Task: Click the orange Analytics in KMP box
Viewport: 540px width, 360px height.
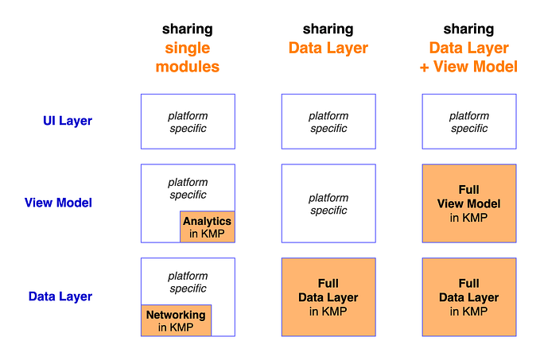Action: coord(208,226)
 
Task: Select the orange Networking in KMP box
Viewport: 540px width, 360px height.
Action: coord(176,320)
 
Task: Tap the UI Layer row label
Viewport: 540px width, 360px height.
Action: coord(68,122)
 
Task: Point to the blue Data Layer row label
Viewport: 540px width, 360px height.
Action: coord(60,296)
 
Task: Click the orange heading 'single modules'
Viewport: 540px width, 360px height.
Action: coord(188,57)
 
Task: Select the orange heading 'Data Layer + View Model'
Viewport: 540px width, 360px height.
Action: coord(468,57)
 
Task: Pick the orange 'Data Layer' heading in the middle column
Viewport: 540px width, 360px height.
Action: coord(328,48)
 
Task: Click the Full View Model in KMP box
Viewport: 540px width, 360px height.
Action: coord(469,203)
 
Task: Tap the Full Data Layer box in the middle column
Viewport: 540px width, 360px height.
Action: coord(328,296)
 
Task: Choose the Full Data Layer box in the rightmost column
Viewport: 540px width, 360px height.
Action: coord(469,296)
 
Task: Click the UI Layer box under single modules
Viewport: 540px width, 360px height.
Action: coord(188,122)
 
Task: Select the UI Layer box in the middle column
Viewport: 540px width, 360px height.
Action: coord(328,122)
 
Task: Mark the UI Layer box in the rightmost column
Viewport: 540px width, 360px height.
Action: coord(469,122)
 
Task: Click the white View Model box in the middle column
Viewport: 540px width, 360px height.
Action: coord(328,203)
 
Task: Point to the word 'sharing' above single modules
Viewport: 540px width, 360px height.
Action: coord(188,29)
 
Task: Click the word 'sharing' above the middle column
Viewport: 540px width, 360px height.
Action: coord(328,29)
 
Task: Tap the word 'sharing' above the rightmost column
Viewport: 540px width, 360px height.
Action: coord(468,29)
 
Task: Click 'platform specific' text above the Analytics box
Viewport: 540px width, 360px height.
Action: coord(188,188)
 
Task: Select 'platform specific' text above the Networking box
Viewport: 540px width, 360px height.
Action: coord(188,282)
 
